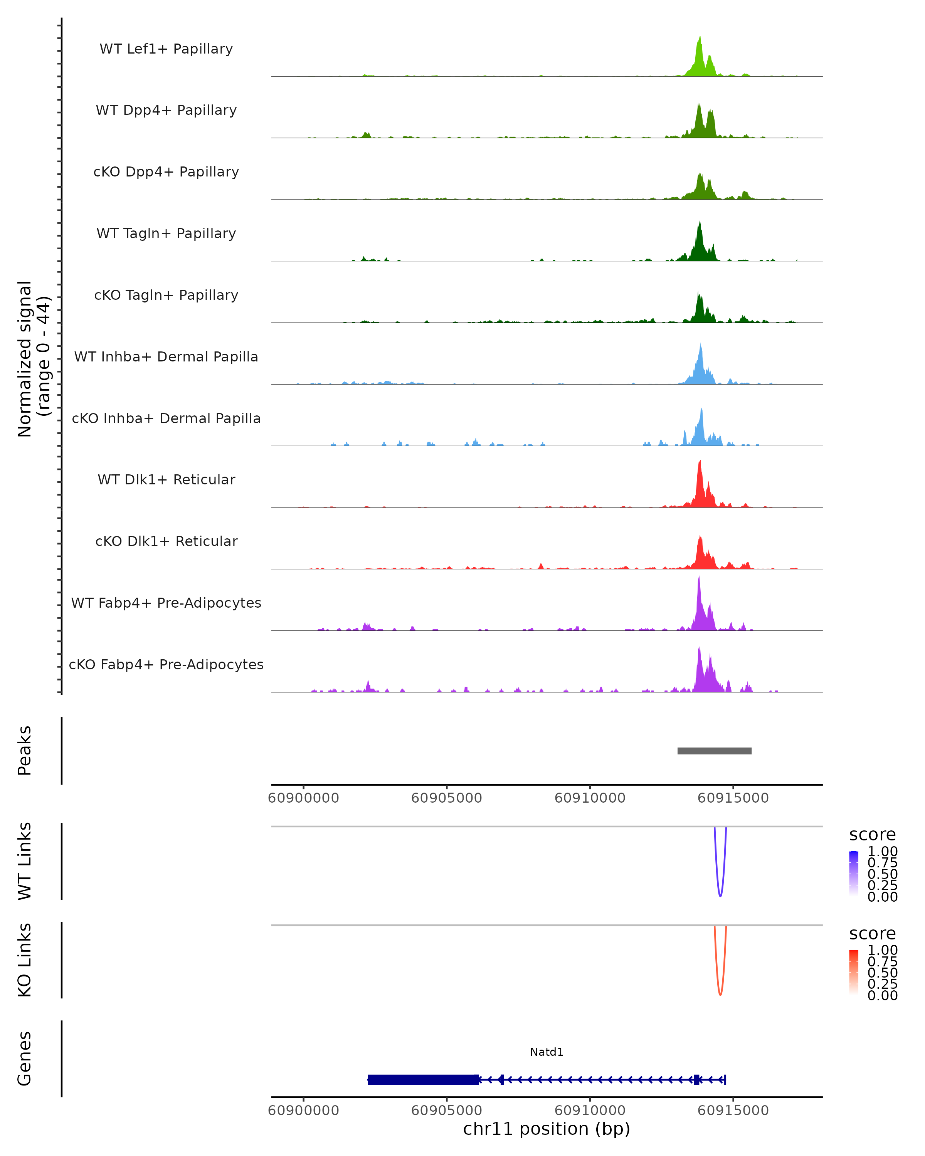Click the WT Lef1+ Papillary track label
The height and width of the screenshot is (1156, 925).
166,49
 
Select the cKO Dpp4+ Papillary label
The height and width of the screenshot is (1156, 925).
166,172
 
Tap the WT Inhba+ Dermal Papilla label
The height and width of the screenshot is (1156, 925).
166,357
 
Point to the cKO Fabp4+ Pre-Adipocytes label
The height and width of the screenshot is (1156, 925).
166,665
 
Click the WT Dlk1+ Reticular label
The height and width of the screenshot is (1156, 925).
166,480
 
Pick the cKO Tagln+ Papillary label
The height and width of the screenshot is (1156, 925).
166,296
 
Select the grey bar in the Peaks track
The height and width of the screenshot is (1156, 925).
714,751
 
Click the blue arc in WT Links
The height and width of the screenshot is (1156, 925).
720,894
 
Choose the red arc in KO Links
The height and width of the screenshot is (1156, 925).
720,993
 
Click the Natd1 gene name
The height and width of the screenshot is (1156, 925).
547,1052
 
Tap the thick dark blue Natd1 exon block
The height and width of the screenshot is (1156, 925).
423,1079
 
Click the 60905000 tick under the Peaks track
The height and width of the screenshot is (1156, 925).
447,798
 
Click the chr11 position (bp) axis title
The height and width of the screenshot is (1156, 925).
547,1129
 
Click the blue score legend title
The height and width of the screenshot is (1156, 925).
873,834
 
